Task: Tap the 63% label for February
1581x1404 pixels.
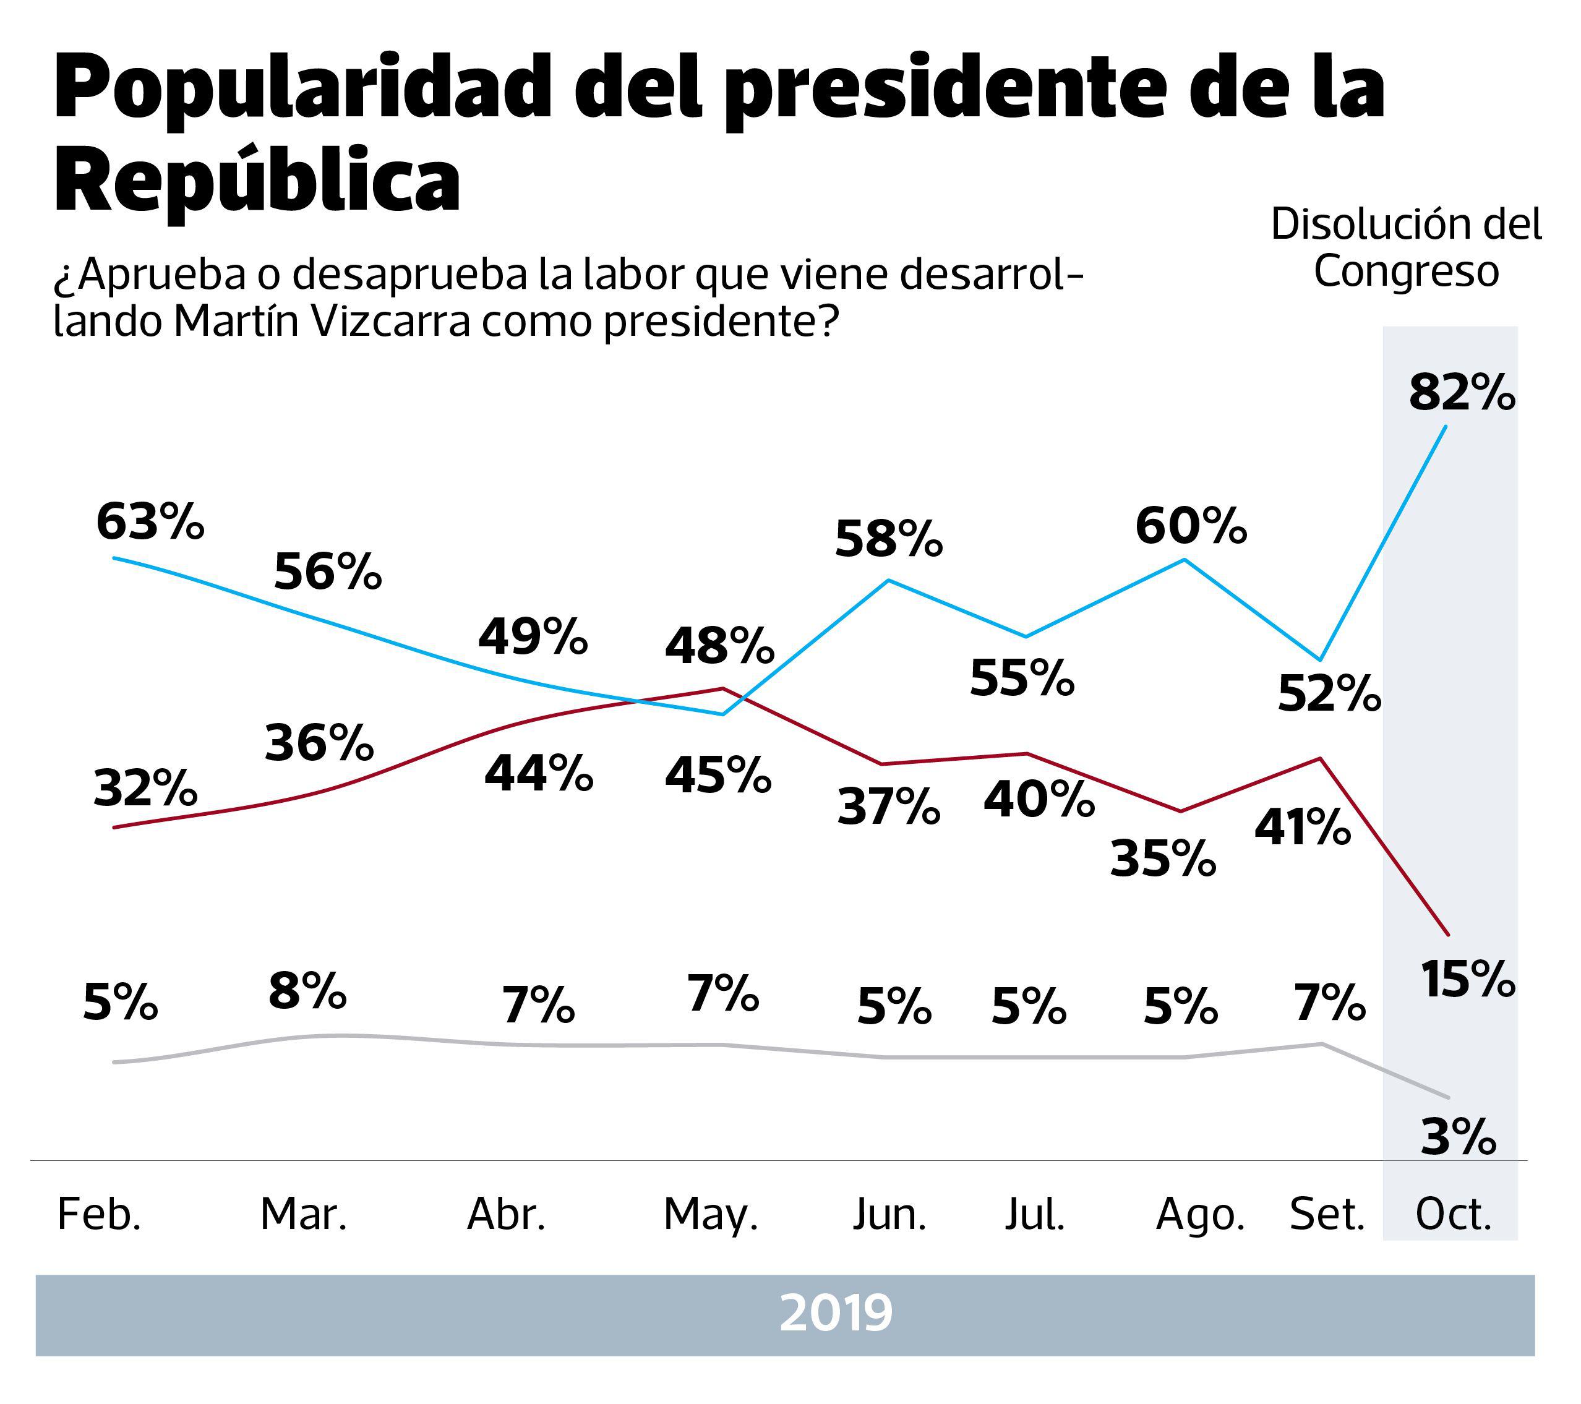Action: tap(150, 522)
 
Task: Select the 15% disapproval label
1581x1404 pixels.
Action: tap(1467, 978)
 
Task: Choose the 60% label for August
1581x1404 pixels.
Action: tap(1191, 526)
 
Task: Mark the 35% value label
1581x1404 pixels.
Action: tap(1162, 858)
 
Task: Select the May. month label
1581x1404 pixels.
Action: tap(710, 1215)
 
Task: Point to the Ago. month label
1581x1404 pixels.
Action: tap(1200, 1215)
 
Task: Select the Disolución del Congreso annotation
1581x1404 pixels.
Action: tap(1406, 247)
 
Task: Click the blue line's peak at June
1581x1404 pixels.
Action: tap(889, 580)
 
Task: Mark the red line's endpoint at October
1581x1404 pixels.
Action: tap(1447, 934)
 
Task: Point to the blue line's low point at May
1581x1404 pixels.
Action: tap(722, 714)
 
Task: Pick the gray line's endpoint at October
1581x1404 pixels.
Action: tap(1447, 1097)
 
